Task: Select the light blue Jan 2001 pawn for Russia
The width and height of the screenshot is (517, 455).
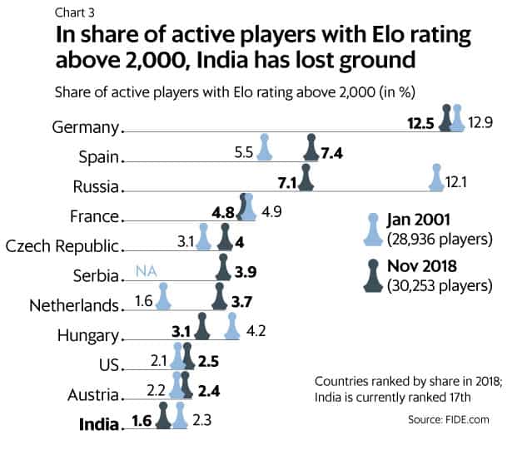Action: point(435,178)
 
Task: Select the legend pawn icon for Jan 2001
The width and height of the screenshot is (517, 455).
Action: point(371,229)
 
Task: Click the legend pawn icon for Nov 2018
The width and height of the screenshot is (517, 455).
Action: point(371,275)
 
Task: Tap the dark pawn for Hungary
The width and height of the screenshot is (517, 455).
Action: point(201,327)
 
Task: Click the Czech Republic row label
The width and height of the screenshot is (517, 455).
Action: point(63,246)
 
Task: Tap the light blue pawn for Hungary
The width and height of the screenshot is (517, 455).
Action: point(233,327)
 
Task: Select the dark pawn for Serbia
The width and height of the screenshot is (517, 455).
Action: point(223,267)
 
